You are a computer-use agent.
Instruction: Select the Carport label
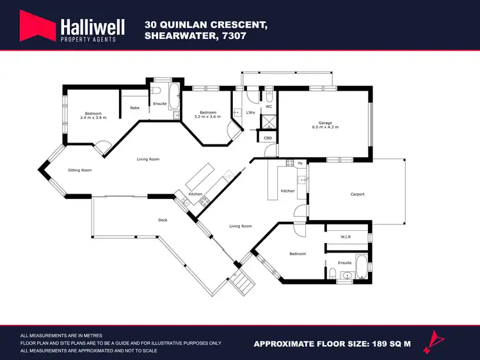[357, 194]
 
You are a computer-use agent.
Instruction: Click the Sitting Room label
[81, 170]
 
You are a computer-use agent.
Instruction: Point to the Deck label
[163, 220]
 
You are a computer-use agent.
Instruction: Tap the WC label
[269, 107]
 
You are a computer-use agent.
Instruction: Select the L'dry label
[251, 113]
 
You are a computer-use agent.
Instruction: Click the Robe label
[134, 108]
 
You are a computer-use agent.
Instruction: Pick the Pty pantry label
[300, 164]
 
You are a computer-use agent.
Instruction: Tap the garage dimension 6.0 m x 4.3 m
[325, 127]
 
